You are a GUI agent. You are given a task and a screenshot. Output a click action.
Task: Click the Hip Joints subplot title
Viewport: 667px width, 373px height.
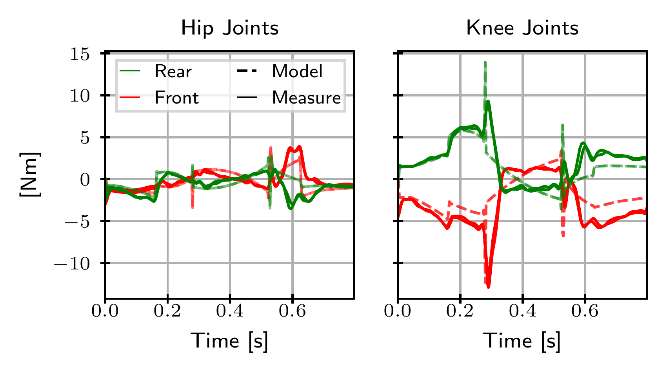229,28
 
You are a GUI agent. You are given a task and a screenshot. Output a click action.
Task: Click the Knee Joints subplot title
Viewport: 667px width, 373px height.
522,28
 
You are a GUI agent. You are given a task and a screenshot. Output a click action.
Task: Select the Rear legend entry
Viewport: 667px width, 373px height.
173,71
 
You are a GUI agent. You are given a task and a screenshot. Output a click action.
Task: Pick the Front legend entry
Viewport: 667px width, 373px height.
176,97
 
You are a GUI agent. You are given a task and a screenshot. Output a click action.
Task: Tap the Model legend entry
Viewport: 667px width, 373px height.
297,71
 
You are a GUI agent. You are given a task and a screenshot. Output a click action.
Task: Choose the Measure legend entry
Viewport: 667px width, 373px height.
306,97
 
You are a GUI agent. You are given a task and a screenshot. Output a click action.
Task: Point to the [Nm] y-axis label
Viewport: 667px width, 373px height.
30,175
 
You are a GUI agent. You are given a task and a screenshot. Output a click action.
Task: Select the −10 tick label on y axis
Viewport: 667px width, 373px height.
77,263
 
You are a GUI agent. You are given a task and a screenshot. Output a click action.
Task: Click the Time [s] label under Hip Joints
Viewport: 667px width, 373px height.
229,340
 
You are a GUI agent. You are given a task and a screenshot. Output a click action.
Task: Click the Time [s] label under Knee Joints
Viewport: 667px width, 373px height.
522,340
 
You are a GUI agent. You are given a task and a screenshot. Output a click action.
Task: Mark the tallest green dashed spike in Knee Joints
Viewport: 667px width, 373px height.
485,63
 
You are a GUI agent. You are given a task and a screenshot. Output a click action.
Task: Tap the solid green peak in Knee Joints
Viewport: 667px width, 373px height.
488,101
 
